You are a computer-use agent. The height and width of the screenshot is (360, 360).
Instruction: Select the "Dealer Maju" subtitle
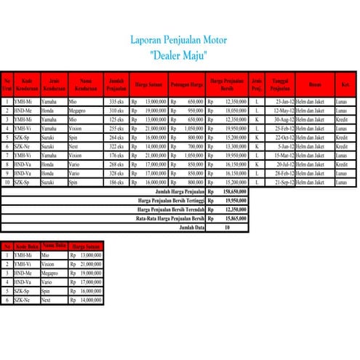[x=177, y=55]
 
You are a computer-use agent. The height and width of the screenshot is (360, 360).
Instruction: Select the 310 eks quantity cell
[x=116, y=110]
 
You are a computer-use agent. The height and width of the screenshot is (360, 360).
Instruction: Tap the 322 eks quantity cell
[x=116, y=145]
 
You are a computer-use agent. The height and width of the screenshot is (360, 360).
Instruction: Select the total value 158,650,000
[x=235, y=191]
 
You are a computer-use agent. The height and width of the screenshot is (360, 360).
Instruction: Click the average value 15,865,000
[x=235, y=217]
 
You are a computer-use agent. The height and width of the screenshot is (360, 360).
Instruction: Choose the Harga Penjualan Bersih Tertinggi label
[x=171, y=199]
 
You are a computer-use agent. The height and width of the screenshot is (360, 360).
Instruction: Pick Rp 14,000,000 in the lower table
[x=87, y=299]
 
